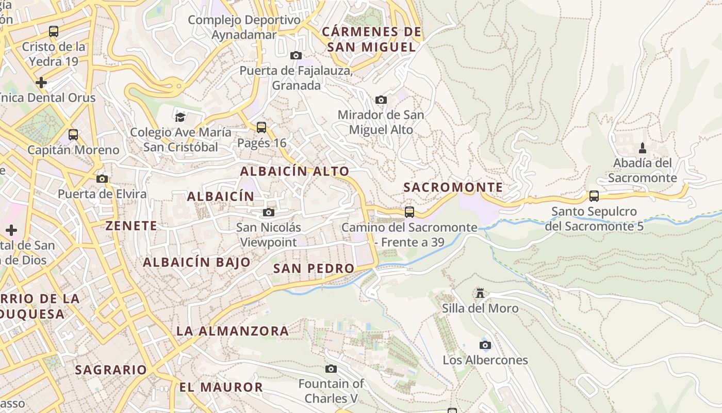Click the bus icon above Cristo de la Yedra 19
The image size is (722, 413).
tap(54, 31)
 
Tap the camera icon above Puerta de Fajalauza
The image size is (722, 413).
tap(296, 55)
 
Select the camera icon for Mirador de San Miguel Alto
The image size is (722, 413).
tap(381, 100)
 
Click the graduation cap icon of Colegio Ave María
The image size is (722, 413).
tap(180, 117)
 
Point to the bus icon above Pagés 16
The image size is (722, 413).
tap(261, 127)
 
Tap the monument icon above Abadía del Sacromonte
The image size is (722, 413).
tap(642, 148)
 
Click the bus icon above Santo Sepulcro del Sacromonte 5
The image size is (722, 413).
tap(594, 196)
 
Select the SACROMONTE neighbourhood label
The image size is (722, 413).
tap(453, 187)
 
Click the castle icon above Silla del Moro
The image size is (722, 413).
tap(480, 293)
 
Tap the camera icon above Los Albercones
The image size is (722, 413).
tap(485, 345)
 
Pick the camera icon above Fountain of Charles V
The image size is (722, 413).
tap(331, 369)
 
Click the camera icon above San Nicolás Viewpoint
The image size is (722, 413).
tap(269, 212)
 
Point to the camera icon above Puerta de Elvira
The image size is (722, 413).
tap(102, 179)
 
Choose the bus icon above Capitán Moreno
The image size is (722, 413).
tap(73, 135)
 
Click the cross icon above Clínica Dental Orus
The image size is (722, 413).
tap(41, 82)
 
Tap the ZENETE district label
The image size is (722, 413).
tap(131, 226)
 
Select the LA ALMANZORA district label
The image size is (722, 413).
tap(233, 331)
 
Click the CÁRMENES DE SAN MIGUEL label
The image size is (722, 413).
tap(371, 39)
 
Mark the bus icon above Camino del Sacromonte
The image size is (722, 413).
tap(409, 212)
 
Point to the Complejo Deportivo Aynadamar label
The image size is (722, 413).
tap(244, 27)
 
